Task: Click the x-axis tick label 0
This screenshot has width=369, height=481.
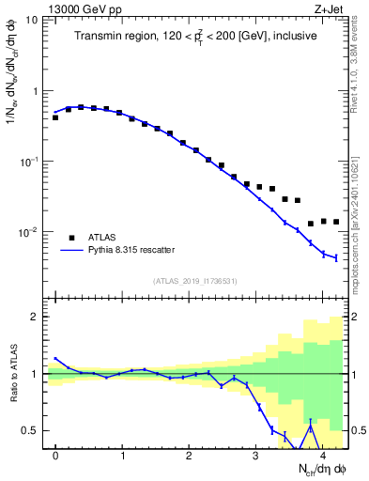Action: pyautogui.click(x=55, y=456)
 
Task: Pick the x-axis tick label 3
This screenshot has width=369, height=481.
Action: pyautogui.click(x=255, y=456)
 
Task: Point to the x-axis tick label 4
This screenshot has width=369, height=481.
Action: pyautogui.click(x=322, y=456)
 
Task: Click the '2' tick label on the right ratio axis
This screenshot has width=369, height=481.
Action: pyautogui.click(x=358, y=317)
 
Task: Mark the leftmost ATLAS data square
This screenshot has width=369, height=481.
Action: pyautogui.click(x=55, y=117)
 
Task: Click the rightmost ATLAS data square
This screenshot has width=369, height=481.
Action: pyautogui.click(x=336, y=222)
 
